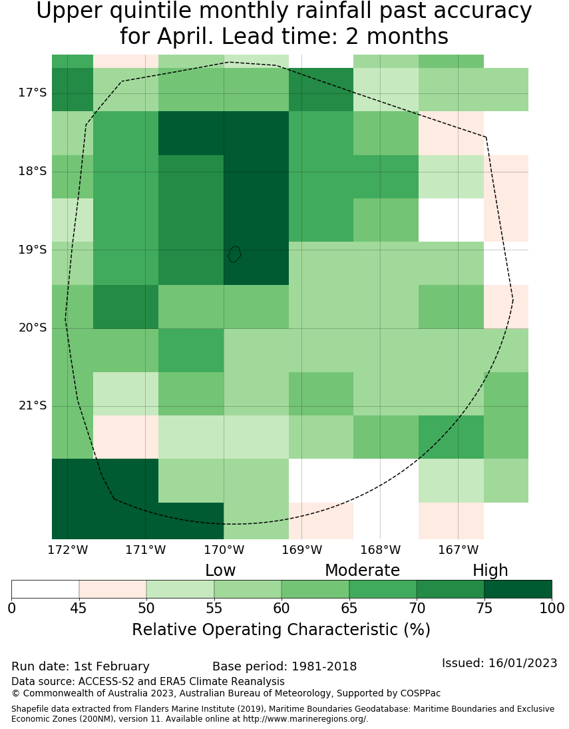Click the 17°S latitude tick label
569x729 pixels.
click(32, 93)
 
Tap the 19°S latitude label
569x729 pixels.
click(32, 250)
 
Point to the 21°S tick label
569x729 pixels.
click(32, 405)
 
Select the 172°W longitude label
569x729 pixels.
click(68, 550)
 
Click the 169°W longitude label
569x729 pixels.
click(301, 550)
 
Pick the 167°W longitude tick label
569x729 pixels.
click(458, 550)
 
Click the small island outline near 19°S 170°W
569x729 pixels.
click(234, 254)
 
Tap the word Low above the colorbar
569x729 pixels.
click(220, 571)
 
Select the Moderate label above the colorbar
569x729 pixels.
click(362, 571)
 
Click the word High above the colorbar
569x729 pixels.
click(490, 571)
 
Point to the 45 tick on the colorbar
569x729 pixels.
click(79, 608)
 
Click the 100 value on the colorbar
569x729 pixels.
click(551, 608)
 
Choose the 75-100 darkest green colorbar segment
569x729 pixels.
click(518, 589)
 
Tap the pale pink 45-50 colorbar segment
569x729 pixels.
click(112, 589)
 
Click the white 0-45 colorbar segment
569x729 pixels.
click(45, 589)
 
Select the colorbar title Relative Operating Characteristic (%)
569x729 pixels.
click(281, 630)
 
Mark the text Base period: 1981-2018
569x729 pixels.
click(284, 666)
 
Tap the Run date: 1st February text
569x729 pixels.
click(81, 666)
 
